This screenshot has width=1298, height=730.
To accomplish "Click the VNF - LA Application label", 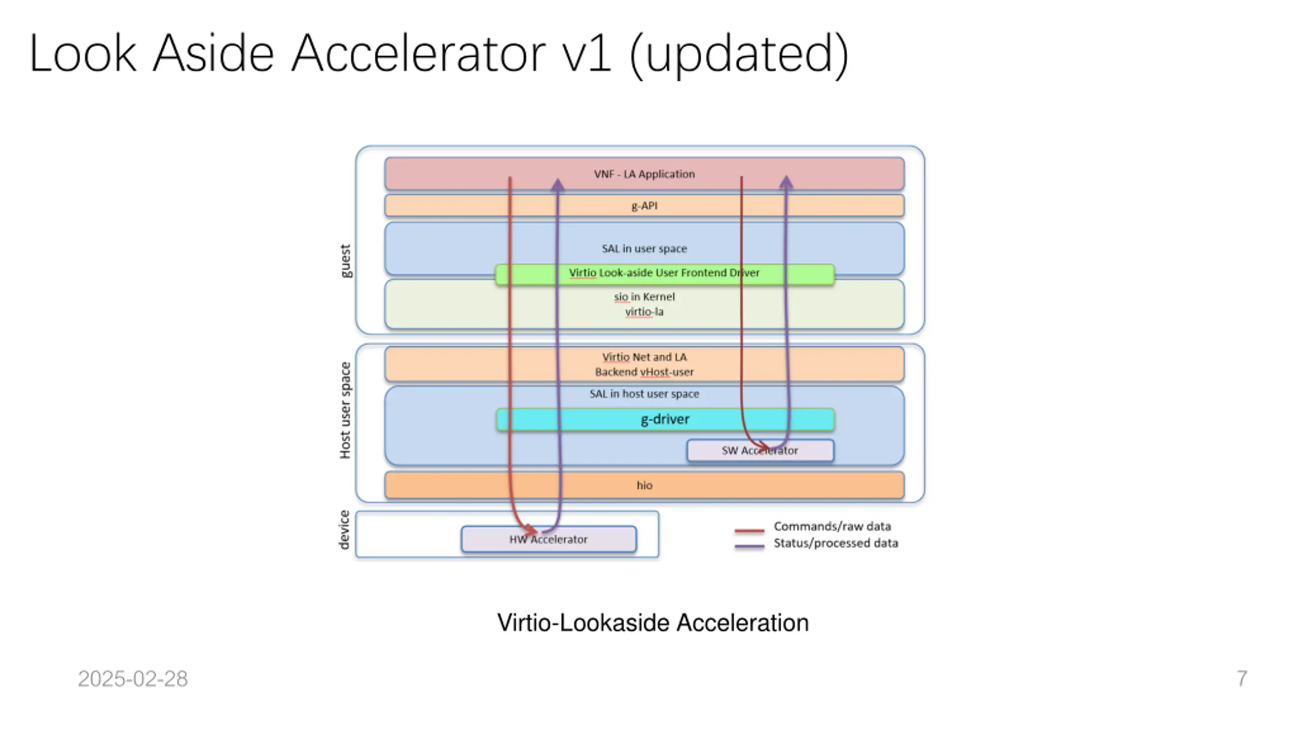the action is [x=644, y=174].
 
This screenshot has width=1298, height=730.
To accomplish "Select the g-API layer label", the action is [x=644, y=206].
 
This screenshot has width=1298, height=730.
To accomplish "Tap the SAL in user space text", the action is [x=644, y=248].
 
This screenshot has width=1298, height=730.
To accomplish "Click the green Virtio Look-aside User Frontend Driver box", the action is [x=665, y=274].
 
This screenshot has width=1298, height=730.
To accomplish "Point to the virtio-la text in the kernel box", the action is [x=644, y=312].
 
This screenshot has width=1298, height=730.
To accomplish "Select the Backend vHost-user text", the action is [x=644, y=372].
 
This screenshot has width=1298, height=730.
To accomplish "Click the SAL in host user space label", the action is [x=644, y=394].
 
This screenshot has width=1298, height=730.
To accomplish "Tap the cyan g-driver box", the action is [x=665, y=420].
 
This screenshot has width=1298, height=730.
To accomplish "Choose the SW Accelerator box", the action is [x=760, y=451].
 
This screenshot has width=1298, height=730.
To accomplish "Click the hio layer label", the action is [x=644, y=485].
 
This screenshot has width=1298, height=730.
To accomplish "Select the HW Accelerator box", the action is [x=549, y=539].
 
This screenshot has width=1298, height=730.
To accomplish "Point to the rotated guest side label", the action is [x=345, y=261].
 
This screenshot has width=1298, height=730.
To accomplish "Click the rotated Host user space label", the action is [x=345, y=411].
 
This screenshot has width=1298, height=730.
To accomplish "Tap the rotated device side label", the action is [x=344, y=530].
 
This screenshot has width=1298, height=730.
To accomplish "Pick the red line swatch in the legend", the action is [x=749, y=531].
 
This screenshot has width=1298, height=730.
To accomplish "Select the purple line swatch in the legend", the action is [x=749, y=546].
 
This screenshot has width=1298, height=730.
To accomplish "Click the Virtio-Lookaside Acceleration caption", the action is [x=653, y=623].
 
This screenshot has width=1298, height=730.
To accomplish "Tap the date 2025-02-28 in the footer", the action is [x=133, y=679].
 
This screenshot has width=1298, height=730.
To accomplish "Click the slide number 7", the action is [x=1242, y=679].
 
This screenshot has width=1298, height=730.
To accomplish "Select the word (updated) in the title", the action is [x=739, y=54].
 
